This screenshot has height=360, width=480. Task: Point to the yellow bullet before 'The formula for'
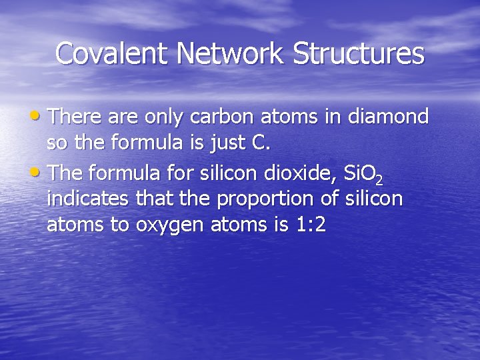[41, 172]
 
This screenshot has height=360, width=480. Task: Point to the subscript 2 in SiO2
[379, 179]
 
